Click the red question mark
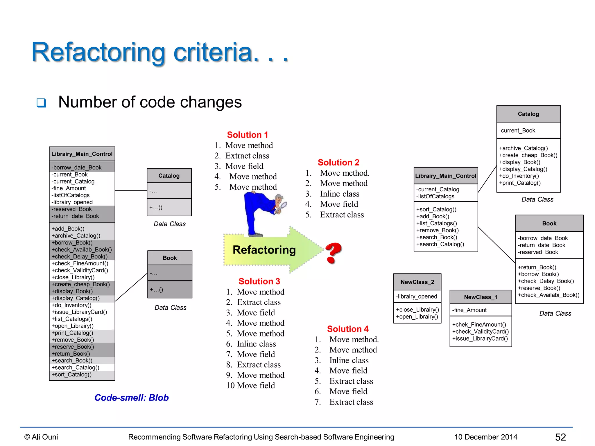pyautogui.click(x=333, y=253)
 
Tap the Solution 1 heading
pyautogui.click(x=247, y=135)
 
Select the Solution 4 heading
pyautogui.click(x=347, y=329)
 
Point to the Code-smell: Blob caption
pyautogui.click(x=131, y=398)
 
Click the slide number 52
pyautogui.click(x=560, y=437)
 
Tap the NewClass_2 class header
pyautogui.click(x=417, y=282)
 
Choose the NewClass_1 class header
pyautogui.click(x=481, y=297)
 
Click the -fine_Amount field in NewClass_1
pyautogui.click(x=469, y=310)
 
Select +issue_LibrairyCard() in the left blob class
pyautogui.click(x=79, y=312)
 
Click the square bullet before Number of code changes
pyautogui.click(x=41, y=103)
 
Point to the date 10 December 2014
pyautogui.click(x=486, y=437)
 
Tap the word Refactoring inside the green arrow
pyautogui.click(x=264, y=250)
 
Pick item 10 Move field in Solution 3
pyautogui.click(x=250, y=386)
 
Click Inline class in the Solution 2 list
pyautogui.click(x=339, y=194)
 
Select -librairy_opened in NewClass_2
pyautogui.click(x=416, y=296)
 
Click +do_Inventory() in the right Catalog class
pyautogui.click(x=519, y=176)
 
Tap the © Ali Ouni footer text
pyautogui.click(x=41, y=437)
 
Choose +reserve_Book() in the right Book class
pyautogui.click(x=539, y=288)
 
